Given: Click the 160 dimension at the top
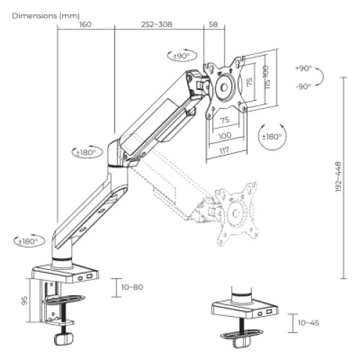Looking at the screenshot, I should (85, 24).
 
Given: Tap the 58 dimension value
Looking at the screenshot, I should (212, 24).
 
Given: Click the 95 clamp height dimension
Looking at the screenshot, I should (24, 300).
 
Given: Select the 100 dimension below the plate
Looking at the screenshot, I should (225, 135).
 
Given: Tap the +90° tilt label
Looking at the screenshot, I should (303, 68).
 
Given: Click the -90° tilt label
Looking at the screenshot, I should (303, 86).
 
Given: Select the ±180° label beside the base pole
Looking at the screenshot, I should (29, 240).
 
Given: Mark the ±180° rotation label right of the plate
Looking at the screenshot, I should (271, 135).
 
